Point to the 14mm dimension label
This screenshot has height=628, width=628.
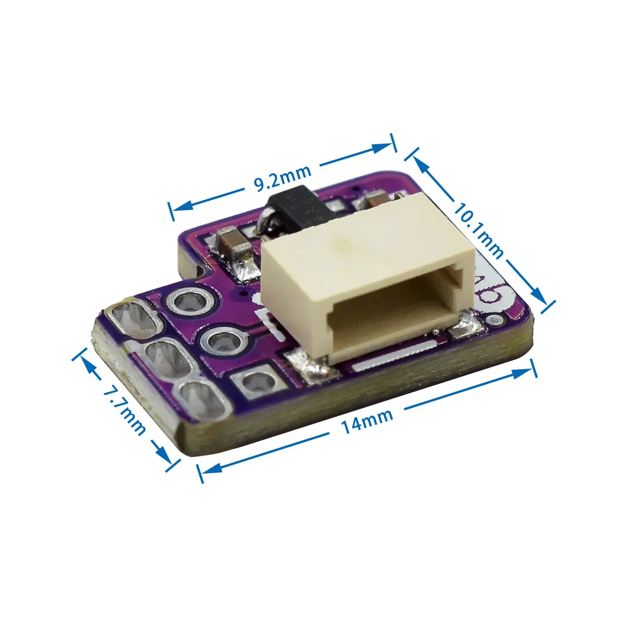(367, 421)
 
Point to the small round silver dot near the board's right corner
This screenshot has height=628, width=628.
(496, 320)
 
